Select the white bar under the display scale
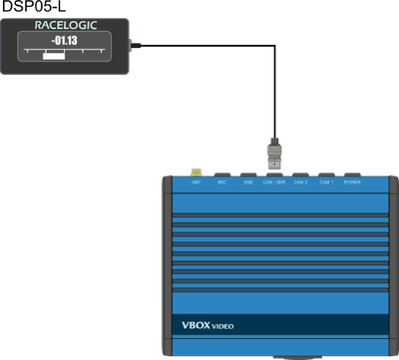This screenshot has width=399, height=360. point(53,56)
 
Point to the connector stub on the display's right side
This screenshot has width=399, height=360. point(137,44)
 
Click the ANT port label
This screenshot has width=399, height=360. point(196,183)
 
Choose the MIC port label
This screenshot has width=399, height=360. point(221,183)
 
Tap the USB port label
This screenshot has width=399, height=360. point(247,183)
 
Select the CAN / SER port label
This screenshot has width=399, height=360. point(273,183)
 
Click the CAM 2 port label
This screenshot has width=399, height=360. point(300,183)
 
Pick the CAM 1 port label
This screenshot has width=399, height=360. point(326,183)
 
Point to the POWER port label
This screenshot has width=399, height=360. point(352,183)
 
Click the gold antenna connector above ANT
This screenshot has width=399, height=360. point(196,173)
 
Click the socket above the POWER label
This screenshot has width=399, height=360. point(352,176)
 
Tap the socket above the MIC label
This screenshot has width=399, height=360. point(221,176)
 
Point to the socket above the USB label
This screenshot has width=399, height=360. point(247,176)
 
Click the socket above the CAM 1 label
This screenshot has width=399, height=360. point(326,176)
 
